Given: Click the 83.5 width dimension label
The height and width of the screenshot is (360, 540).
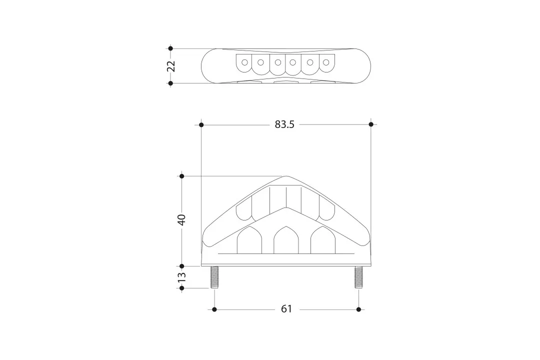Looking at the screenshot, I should click(284, 124).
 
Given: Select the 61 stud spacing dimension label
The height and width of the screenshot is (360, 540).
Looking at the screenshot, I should click(286, 309).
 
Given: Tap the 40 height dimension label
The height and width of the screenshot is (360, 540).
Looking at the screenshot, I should click(181, 219).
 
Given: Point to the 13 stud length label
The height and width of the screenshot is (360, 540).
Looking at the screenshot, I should click(181, 277).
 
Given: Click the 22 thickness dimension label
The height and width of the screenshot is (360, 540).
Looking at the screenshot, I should click(171, 66).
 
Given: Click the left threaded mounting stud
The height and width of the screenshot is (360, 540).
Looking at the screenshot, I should click(214, 277).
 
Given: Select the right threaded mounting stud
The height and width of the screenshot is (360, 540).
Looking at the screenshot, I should click(358, 277).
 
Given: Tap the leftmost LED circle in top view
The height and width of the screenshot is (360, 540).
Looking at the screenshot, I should click(244, 63).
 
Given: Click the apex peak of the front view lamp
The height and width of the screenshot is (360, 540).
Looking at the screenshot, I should click(286, 176).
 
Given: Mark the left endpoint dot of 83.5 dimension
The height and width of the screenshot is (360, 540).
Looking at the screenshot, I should click(201, 124).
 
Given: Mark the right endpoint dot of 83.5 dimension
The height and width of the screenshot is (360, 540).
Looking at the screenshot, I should click(371, 124).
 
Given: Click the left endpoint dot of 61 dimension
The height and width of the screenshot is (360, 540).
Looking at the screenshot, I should click(214, 309).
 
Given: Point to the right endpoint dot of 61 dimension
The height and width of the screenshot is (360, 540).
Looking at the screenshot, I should click(358, 309).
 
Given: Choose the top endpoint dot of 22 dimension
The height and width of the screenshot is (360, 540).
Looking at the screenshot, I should click(171, 48).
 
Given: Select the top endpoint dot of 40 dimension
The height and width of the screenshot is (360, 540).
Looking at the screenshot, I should click(181, 176).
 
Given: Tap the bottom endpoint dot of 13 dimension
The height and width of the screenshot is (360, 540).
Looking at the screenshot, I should click(181, 288).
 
